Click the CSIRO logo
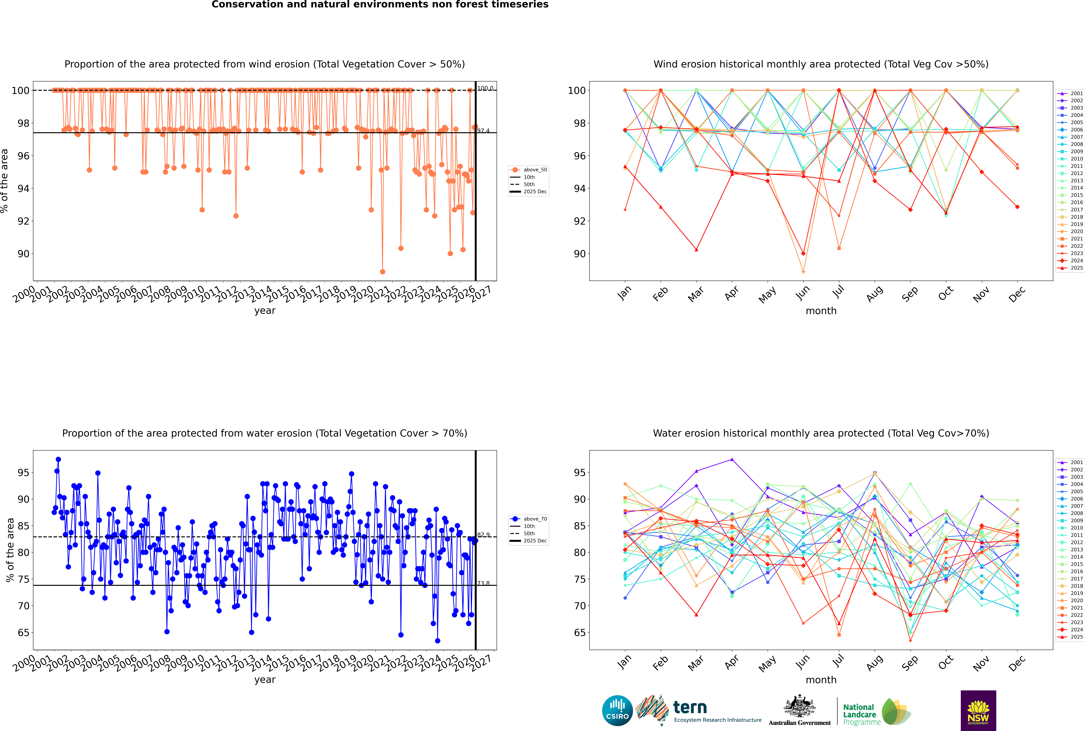617,711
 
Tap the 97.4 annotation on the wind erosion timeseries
483,131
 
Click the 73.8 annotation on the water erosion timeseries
483,583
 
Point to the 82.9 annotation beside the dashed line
483,535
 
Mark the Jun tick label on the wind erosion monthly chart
802,293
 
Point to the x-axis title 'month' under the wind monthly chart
821,311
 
